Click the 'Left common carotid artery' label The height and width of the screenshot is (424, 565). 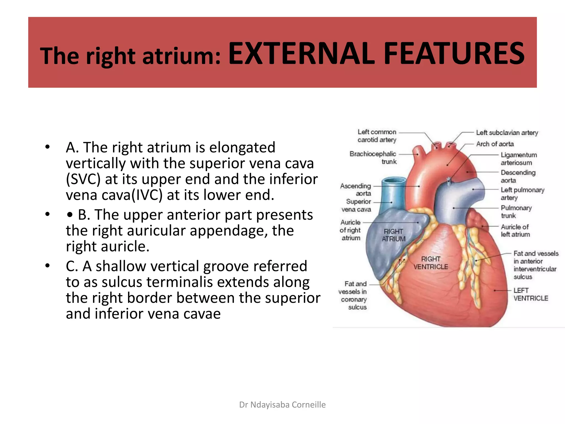click(377, 136)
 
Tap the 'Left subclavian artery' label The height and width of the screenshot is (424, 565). click(507, 133)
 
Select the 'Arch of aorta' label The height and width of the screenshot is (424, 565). click(495, 144)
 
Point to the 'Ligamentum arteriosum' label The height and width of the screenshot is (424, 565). click(519, 159)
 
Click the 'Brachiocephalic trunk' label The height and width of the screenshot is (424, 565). click(373, 158)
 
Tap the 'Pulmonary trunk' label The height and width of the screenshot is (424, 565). click(516, 212)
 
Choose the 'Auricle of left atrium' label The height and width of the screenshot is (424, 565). click(515, 230)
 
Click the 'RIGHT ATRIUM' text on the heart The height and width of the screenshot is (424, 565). click(393, 235)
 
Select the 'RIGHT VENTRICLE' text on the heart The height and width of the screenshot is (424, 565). click(431, 263)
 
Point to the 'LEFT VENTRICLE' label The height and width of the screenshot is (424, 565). click(531, 294)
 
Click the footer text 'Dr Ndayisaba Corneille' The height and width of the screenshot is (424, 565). click(282, 405)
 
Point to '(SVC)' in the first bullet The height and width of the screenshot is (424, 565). click(83, 179)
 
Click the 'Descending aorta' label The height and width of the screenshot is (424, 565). click(518, 176)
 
